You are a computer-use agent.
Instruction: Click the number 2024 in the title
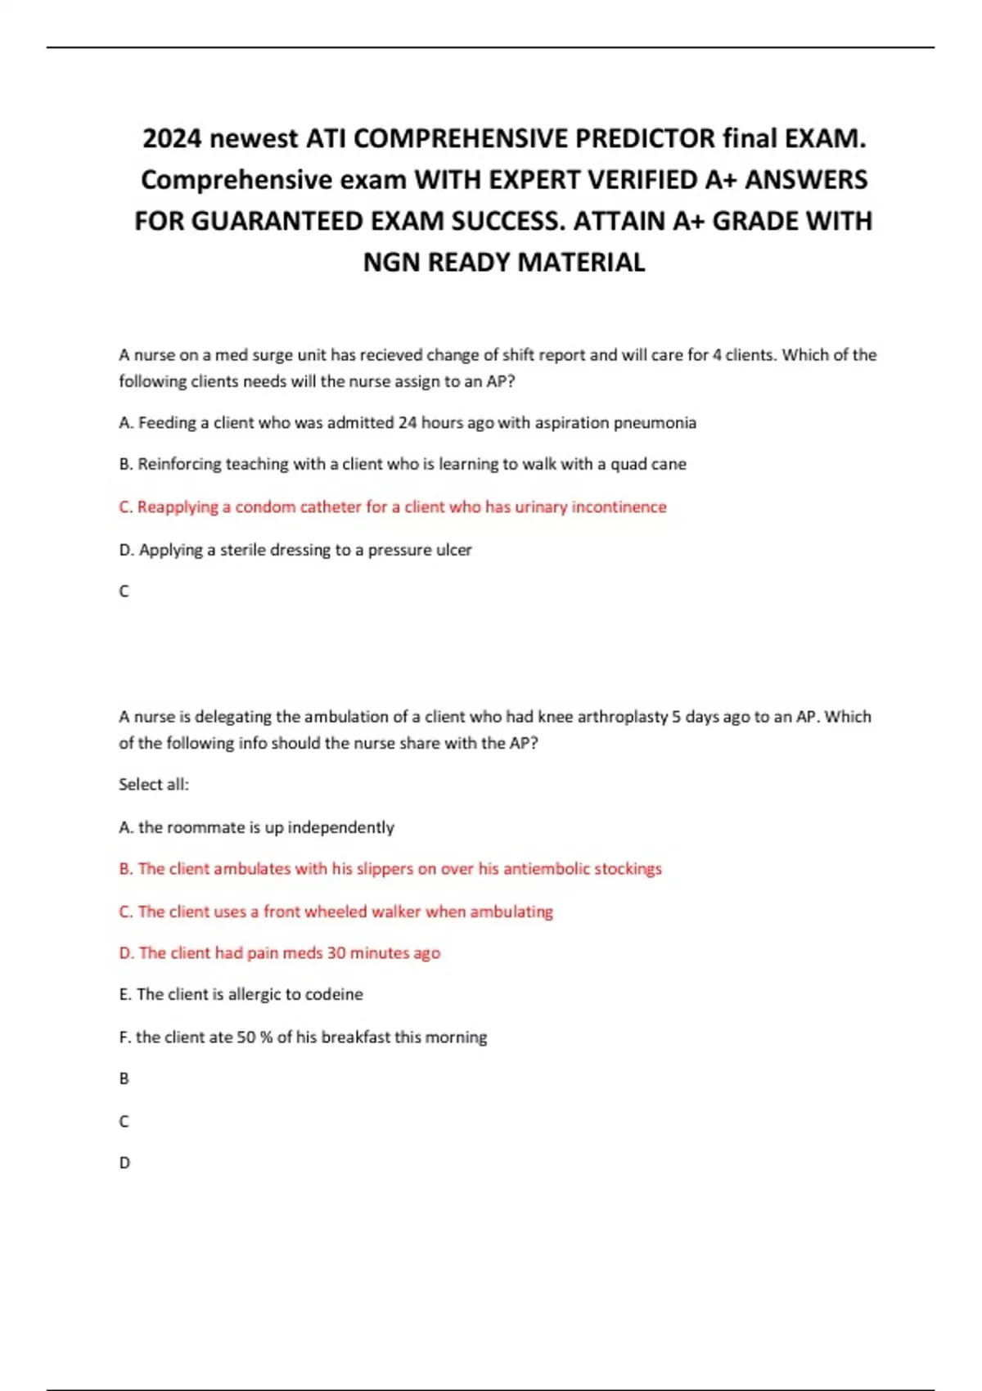click(x=171, y=139)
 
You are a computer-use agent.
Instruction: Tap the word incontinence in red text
click(x=619, y=507)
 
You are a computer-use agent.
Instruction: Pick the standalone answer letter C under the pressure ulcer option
click(x=124, y=592)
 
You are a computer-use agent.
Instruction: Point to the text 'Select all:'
click(x=154, y=785)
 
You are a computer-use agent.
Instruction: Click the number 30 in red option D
click(x=336, y=953)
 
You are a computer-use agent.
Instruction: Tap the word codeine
click(x=334, y=995)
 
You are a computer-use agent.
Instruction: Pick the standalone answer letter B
click(x=124, y=1079)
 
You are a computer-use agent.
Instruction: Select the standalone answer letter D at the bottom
click(x=124, y=1163)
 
